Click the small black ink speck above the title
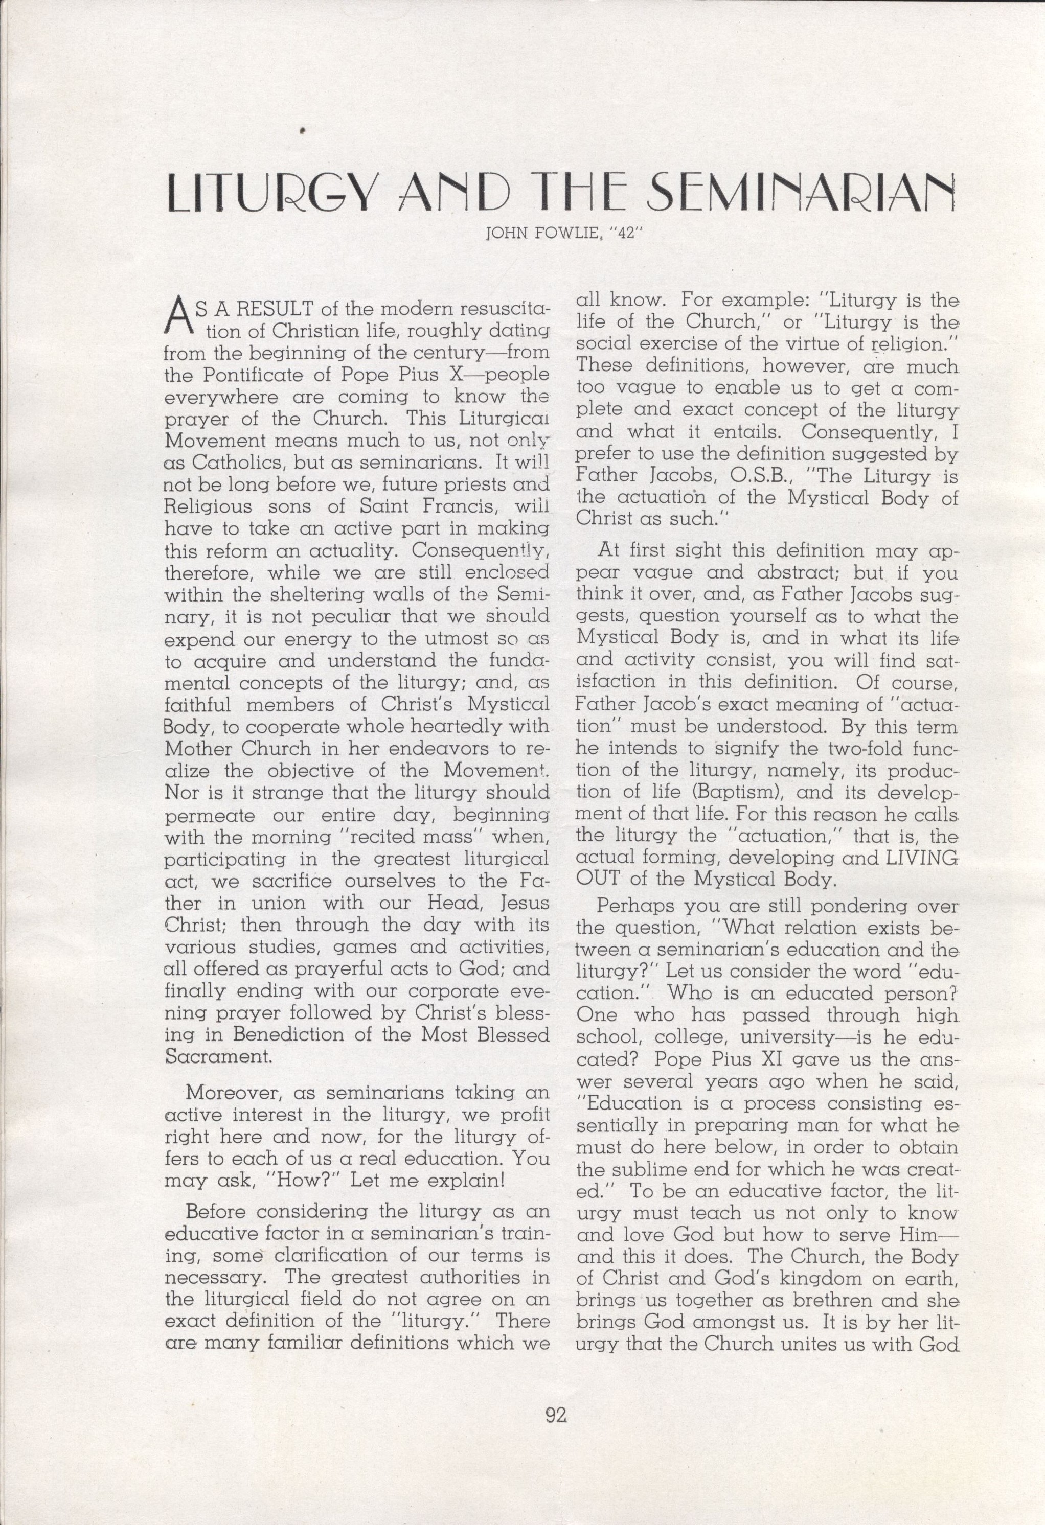click(x=303, y=131)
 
